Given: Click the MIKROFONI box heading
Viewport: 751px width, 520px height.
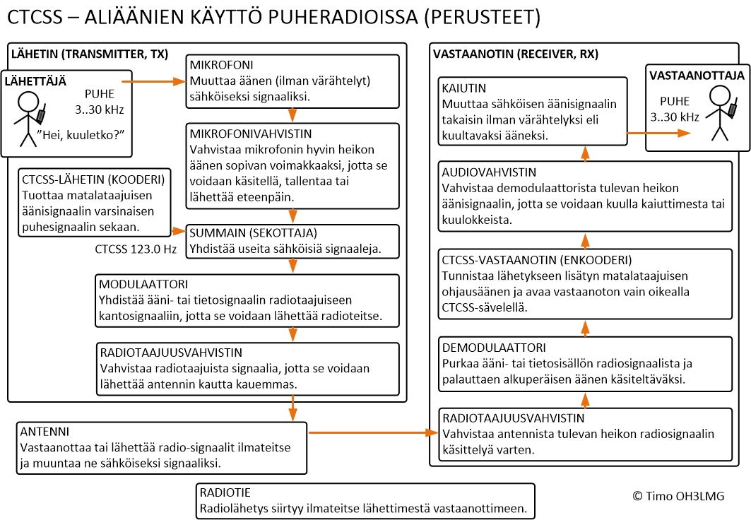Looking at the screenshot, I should (220, 65).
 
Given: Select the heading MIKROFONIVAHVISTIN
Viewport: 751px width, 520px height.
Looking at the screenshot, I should (250, 133).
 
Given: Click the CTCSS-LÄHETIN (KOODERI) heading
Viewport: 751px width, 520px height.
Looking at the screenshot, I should (93, 179).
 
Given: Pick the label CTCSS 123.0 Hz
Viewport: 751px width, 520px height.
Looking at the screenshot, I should (136, 249).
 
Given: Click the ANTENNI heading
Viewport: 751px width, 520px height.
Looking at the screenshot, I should (44, 431).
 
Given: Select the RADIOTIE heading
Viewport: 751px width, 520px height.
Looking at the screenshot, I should (225, 492).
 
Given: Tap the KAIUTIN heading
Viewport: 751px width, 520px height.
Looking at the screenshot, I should (463, 88).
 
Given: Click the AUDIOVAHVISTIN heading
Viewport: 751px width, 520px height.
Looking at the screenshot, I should (489, 172).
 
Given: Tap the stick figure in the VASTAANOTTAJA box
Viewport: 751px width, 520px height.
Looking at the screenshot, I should (719, 113).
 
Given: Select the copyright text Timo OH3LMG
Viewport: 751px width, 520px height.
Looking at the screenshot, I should (678, 496).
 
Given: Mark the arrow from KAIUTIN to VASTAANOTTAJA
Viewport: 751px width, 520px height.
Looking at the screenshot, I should (660, 132).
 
